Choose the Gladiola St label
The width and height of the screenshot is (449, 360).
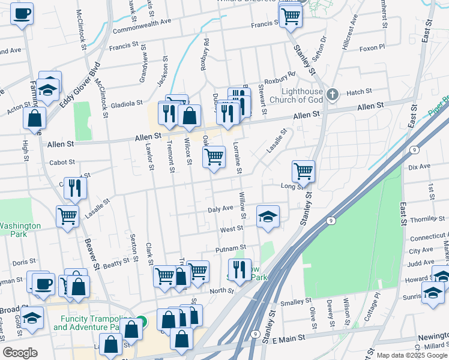coord(125,103)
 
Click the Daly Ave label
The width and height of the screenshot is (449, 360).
coord(220,208)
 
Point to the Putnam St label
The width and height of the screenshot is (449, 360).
coord(231,247)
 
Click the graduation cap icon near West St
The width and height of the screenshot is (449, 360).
coord(268,216)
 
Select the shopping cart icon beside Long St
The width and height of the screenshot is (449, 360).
coord(304,171)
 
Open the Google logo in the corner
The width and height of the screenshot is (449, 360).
coord(20,353)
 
